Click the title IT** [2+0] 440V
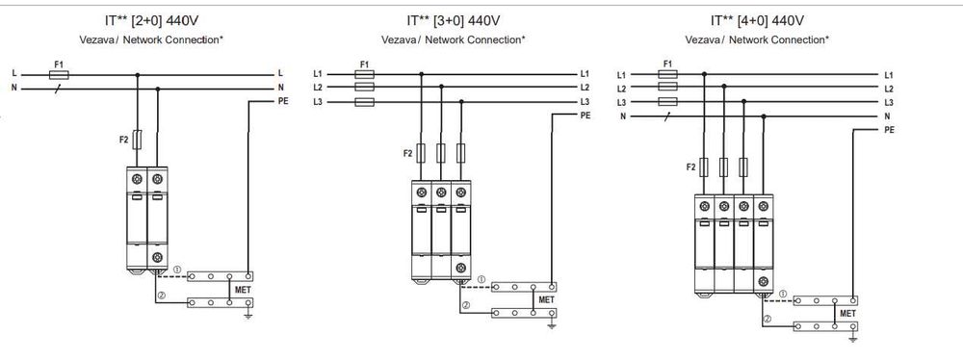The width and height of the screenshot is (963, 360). [152, 21]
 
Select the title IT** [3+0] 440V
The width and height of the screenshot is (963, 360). [454, 21]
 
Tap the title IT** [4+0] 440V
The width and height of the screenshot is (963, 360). [757, 21]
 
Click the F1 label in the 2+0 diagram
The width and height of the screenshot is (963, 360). [59, 64]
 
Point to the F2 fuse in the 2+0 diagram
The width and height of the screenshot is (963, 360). [137, 141]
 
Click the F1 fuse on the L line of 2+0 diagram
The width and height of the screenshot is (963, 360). [59, 75]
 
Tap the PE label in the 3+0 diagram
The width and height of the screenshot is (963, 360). [586, 115]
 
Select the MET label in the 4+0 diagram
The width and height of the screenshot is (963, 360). [847, 313]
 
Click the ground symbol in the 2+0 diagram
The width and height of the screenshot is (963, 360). [248, 316]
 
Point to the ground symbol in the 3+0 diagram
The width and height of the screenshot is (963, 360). [552, 325]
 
